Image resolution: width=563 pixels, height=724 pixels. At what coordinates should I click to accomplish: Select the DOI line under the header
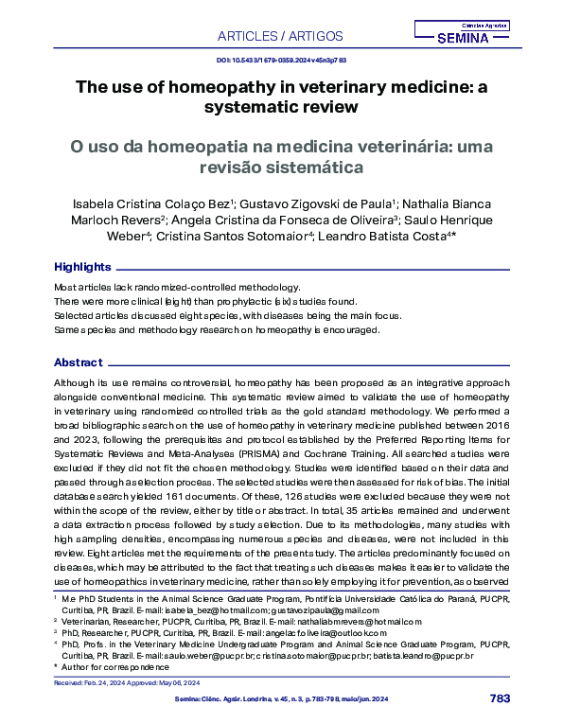tap(281, 59)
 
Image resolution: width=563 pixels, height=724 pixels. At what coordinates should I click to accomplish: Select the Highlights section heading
tap(82, 267)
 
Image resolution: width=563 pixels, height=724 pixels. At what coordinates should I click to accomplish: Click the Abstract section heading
tap(79, 362)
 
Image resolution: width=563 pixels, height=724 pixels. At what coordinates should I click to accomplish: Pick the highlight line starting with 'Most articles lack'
tap(178, 286)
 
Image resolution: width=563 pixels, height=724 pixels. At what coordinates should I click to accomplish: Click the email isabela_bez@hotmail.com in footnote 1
tap(190, 609)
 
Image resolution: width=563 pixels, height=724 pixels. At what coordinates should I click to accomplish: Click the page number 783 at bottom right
tap(501, 698)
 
